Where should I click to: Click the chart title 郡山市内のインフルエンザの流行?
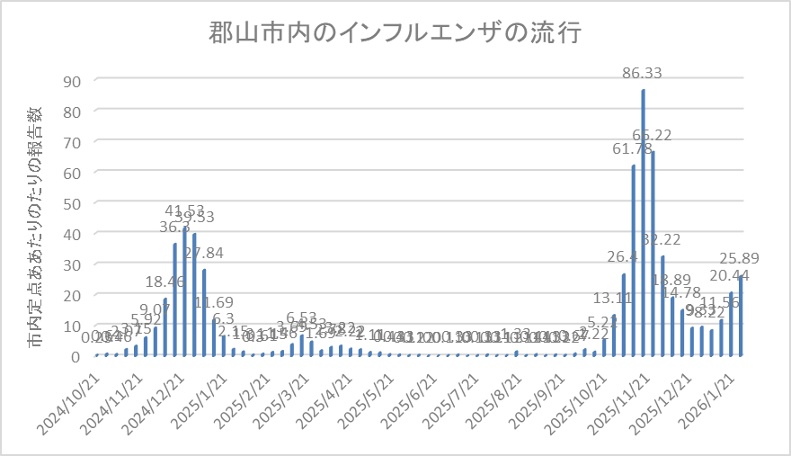[x=395, y=33]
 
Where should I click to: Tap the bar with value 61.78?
[x=634, y=260]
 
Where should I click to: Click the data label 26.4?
[x=623, y=257]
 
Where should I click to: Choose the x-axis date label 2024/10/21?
[x=73, y=396]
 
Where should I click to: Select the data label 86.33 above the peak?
[x=644, y=71]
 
